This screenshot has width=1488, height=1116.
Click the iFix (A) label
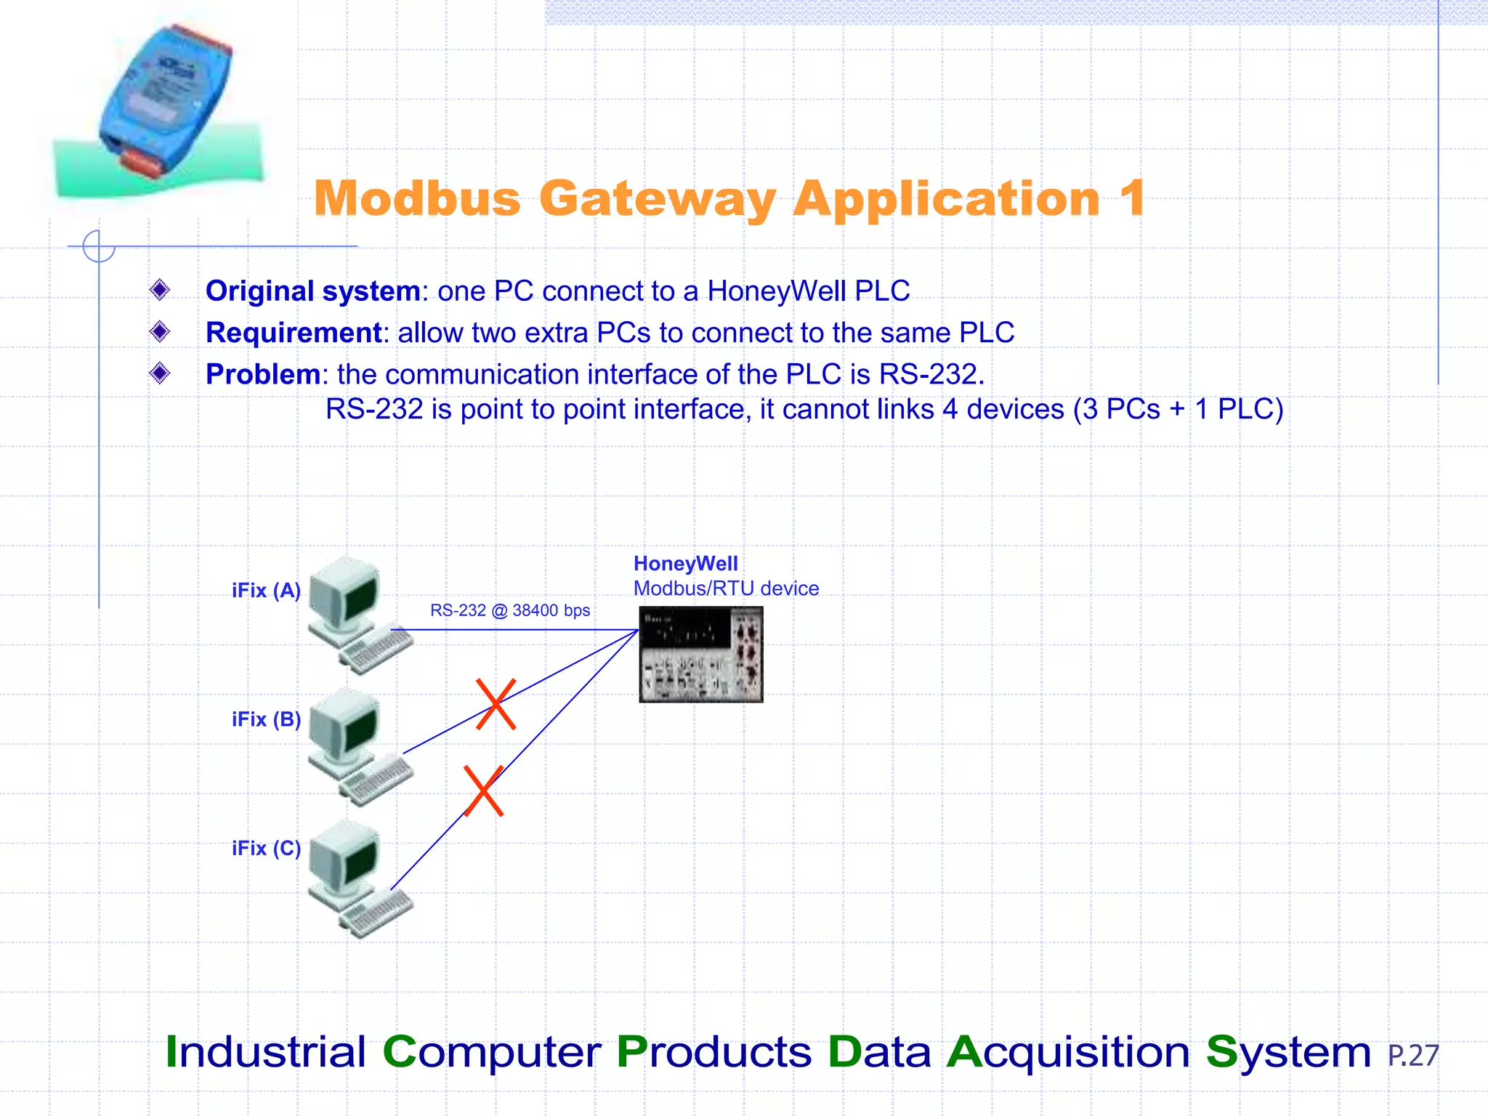266,591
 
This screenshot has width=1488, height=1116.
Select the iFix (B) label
266,719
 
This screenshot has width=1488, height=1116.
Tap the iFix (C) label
266,849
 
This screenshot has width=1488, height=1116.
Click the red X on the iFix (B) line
496,704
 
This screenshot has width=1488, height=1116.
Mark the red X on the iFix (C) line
484,790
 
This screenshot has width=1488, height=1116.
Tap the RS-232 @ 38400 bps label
510,610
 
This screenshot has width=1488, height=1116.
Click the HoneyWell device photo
701,655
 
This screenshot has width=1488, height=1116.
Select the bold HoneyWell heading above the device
685,564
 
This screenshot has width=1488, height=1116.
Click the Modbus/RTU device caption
726,589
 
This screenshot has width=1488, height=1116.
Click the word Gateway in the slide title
658,198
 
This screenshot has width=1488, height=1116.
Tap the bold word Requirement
294,333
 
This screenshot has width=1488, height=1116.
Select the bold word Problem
263,374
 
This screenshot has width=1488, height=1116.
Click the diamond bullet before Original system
160,291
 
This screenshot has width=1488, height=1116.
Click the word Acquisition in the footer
1068,1052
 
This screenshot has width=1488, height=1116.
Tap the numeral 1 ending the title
1132,198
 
